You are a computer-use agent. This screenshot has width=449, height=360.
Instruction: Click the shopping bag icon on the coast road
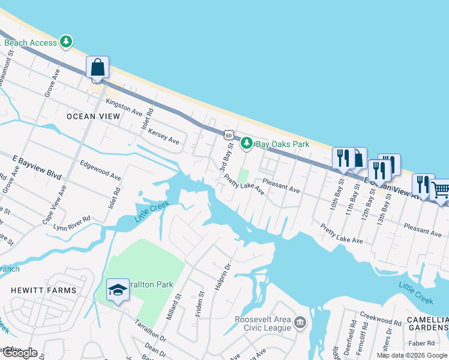[x=97, y=67]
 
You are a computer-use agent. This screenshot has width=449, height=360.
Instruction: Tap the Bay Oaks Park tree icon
[x=246, y=143]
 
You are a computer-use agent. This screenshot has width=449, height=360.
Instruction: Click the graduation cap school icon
[x=118, y=290]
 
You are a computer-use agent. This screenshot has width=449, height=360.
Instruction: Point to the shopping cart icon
[x=441, y=190]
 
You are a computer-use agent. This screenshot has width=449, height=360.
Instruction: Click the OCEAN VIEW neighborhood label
[x=94, y=116]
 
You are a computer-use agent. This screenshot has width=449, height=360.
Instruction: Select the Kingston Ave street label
[x=124, y=108]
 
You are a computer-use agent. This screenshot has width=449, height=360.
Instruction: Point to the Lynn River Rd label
[x=72, y=222]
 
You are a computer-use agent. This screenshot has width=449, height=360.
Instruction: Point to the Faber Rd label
[x=424, y=343]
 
